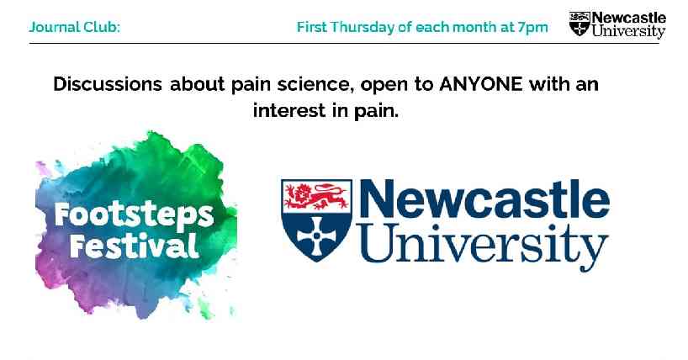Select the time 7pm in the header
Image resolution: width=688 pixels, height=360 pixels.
pyautogui.click(x=532, y=28)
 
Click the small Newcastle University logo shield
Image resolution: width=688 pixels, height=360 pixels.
pyautogui.click(x=580, y=24)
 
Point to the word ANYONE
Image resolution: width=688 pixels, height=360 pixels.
pyautogui.click(x=481, y=84)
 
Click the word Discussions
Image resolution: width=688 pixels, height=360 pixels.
pyautogui.click(x=108, y=84)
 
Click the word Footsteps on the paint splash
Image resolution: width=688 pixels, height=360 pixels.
pyautogui.click(x=135, y=216)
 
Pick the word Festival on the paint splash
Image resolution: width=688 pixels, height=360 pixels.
pyautogui.click(x=134, y=245)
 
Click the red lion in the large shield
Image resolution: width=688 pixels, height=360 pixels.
pyautogui.click(x=316, y=196)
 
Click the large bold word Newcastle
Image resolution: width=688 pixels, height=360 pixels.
pyautogui.click(x=484, y=198)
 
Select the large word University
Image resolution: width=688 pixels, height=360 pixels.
pyautogui.click(x=484, y=245)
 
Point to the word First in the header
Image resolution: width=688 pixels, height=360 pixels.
pyautogui.click(x=312, y=27)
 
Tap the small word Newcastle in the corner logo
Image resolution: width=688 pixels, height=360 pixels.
pyautogui.click(x=629, y=19)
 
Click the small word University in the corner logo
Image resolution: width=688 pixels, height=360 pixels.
pyautogui.click(x=628, y=32)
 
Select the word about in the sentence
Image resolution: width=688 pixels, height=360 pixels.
pyautogui.click(x=198, y=84)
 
